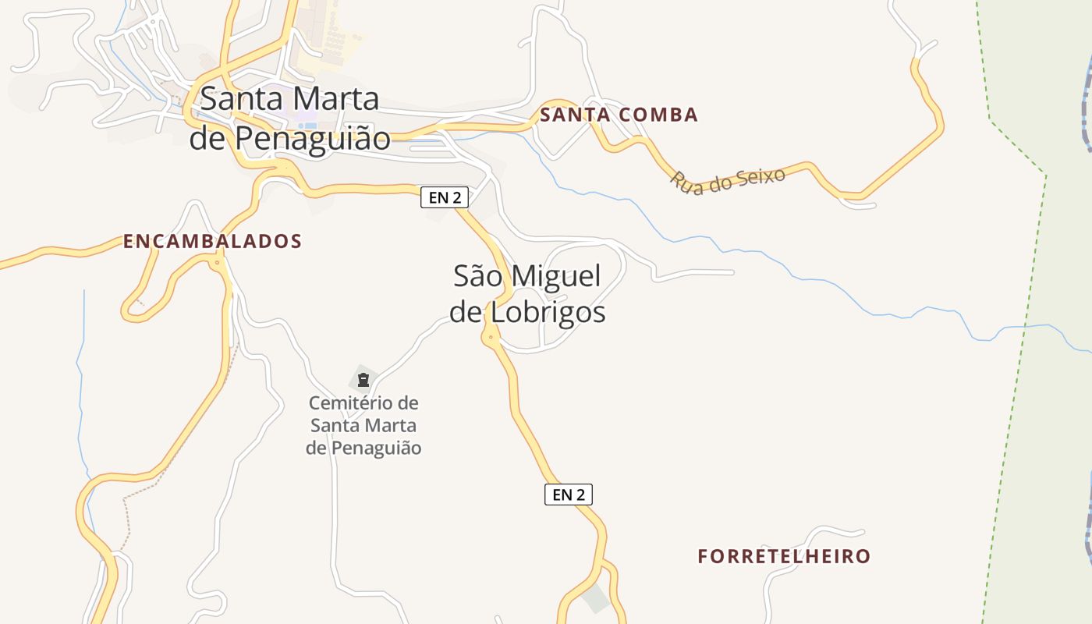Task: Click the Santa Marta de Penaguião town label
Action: (x=289, y=119)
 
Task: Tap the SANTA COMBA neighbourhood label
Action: (x=619, y=115)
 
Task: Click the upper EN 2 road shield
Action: (x=445, y=197)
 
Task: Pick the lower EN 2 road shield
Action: (x=568, y=494)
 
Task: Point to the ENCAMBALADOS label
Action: (x=212, y=242)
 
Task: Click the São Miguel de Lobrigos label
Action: (x=527, y=294)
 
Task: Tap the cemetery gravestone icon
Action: (x=363, y=380)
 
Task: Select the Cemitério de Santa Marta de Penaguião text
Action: (x=363, y=426)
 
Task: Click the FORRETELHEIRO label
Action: (x=784, y=557)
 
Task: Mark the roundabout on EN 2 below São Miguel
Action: (x=491, y=338)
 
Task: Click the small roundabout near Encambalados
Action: (x=218, y=264)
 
